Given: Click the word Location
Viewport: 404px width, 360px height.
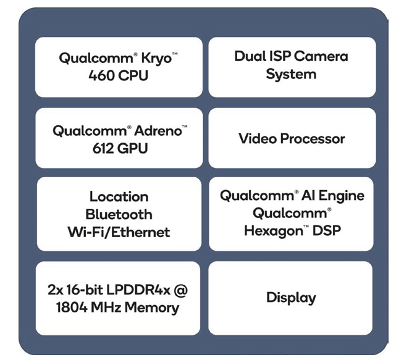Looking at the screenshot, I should (x=119, y=197).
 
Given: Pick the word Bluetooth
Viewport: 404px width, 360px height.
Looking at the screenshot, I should (x=119, y=214).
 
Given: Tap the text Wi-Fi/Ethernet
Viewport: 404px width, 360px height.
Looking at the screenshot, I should (x=119, y=232).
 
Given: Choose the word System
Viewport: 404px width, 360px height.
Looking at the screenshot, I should (x=291, y=75).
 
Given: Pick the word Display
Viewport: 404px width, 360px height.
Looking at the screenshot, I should (x=291, y=298).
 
